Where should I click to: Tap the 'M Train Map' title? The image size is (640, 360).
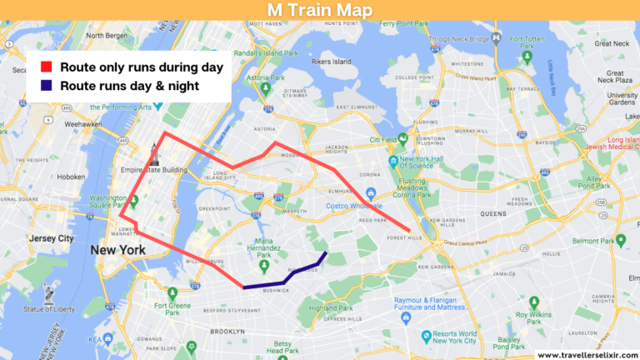click(319, 10)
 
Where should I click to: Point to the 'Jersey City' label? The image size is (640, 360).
click(52, 238)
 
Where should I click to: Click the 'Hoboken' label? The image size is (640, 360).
click(71, 177)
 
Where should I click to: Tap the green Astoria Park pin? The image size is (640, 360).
click(265, 87)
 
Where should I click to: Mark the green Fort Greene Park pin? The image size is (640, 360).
click(172, 293)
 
